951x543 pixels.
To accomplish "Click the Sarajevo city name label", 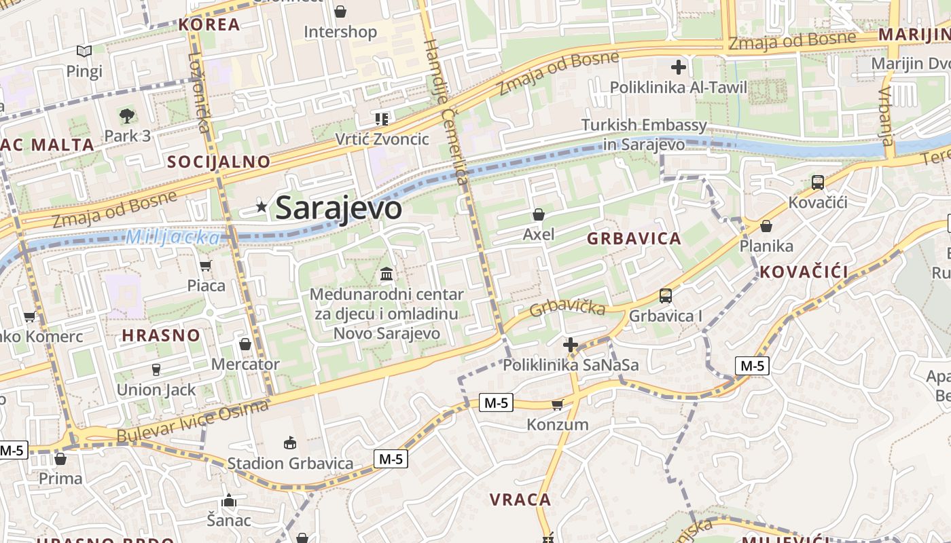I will [x=338, y=208].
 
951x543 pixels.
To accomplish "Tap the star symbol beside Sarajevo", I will [x=262, y=207].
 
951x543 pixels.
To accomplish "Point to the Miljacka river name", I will [x=173, y=238].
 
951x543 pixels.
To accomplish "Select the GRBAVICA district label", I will [x=634, y=239].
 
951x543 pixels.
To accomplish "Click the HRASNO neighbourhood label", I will [x=161, y=335].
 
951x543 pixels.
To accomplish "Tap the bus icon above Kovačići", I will [x=818, y=182].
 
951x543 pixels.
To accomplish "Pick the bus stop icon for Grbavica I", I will [x=666, y=296].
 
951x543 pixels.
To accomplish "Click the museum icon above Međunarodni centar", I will [x=387, y=274].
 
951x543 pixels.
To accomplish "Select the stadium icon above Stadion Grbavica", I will [x=290, y=443].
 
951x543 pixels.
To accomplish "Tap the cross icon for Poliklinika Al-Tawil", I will [x=678, y=67].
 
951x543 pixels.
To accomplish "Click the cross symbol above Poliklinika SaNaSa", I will [x=571, y=345].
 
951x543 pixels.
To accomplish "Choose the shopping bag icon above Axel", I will [x=539, y=214].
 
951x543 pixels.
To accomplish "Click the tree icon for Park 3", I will [x=127, y=116].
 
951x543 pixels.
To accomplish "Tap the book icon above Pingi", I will [x=84, y=51].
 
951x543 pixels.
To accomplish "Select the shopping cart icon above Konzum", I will [x=557, y=405].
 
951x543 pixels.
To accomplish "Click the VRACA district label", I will [x=520, y=500].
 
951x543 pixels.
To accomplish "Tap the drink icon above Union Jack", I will [x=156, y=369].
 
